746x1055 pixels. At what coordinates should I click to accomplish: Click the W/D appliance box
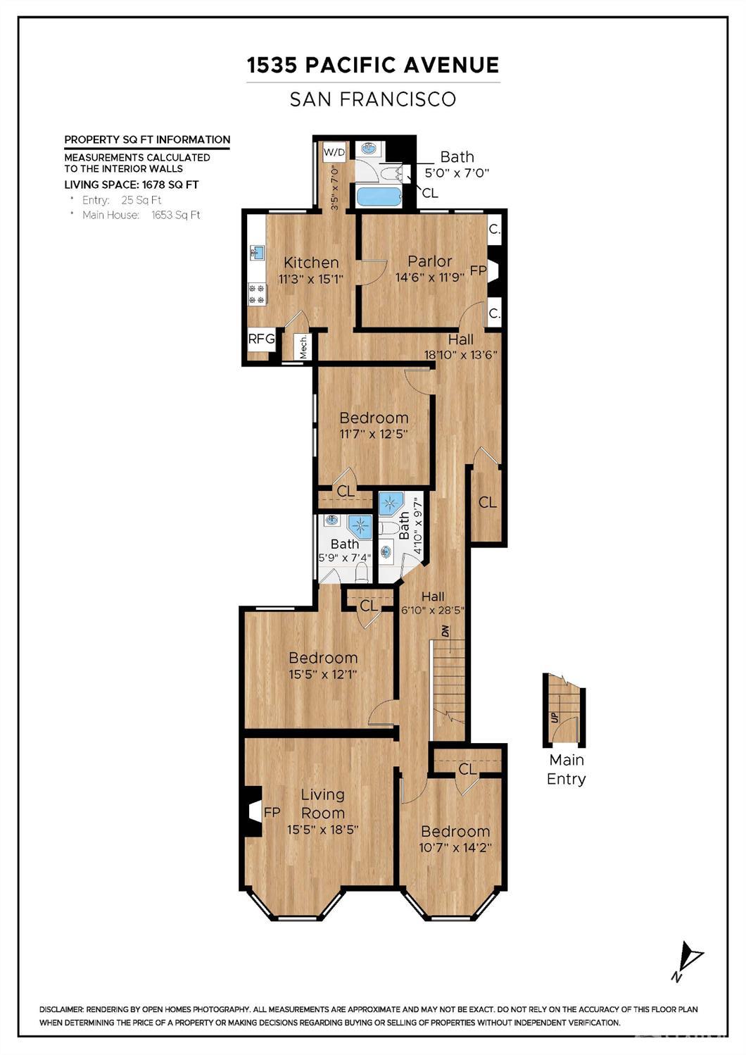[x=334, y=152]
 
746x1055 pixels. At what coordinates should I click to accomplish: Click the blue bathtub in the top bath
[x=379, y=196]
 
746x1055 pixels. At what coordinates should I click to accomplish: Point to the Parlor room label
[x=430, y=261]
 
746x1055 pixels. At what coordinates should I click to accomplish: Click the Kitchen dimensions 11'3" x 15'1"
[x=311, y=279]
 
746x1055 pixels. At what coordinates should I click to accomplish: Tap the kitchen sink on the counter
[x=257, y=253]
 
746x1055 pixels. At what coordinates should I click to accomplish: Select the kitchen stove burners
[x=257, y=293]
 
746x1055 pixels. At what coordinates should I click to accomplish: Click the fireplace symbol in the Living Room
[x=253, y=811]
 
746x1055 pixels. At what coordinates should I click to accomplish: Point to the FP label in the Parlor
[x=478, y=271]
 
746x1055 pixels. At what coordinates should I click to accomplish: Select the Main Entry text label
[x=567, y=769]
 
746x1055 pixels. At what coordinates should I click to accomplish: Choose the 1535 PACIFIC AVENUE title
[x=373, y=65]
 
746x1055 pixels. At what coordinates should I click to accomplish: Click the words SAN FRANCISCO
[x=373, y=99]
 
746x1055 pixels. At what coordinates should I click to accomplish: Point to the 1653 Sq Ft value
[x=175, y=216]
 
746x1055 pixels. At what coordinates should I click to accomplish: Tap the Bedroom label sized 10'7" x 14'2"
[x=455, y=831]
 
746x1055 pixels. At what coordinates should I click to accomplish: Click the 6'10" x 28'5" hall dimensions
[x=433, y=610]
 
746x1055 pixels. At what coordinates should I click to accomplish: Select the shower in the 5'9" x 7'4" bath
[x=360, y=527]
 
